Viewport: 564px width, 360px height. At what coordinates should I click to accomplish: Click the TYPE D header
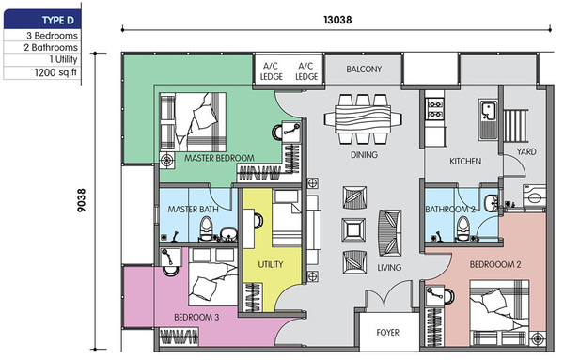coord(58,21)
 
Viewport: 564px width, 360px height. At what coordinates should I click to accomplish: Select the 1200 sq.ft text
coord(55,72)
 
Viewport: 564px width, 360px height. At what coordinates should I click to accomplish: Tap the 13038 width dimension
coord(337,20)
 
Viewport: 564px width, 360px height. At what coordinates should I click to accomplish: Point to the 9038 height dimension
coord(82,200)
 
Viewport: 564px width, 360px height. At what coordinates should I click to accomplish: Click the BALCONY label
coord(364,69)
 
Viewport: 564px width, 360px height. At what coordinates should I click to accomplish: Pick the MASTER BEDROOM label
coord(219,158)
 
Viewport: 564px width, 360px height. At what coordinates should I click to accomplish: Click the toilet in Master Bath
coord(207,228)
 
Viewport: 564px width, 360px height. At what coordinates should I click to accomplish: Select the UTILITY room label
coord(271,264)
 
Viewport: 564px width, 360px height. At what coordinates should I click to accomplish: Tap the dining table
coord(363,119)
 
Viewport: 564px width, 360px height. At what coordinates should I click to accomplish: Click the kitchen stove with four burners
coord(435,109)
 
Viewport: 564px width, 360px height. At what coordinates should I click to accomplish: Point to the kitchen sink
coord(489,119)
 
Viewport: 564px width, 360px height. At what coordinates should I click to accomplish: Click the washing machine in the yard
coord(535,196)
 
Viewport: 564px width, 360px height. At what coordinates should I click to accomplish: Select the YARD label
coord(526,151)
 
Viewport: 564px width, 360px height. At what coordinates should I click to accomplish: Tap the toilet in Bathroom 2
coord(462,228)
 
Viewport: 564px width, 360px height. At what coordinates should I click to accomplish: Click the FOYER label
coord(387,333)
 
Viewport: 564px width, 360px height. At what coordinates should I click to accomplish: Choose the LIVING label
coord(389,268)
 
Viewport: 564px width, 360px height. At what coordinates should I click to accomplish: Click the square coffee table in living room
coord(354,229)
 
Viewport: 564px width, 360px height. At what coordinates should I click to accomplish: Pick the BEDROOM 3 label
coord(196,317)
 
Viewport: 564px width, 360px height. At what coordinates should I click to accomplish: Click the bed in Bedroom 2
coord(499,311)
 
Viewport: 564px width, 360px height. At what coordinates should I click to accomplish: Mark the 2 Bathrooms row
coord(51,48)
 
